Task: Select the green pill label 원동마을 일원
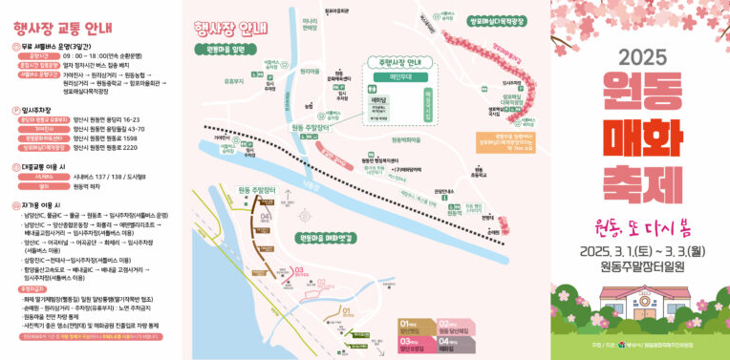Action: tap(225, 49)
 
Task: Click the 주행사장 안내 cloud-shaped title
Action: tap(400, 62)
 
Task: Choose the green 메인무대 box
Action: tap(400, 79)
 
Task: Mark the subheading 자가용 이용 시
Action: tap(41, 204)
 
